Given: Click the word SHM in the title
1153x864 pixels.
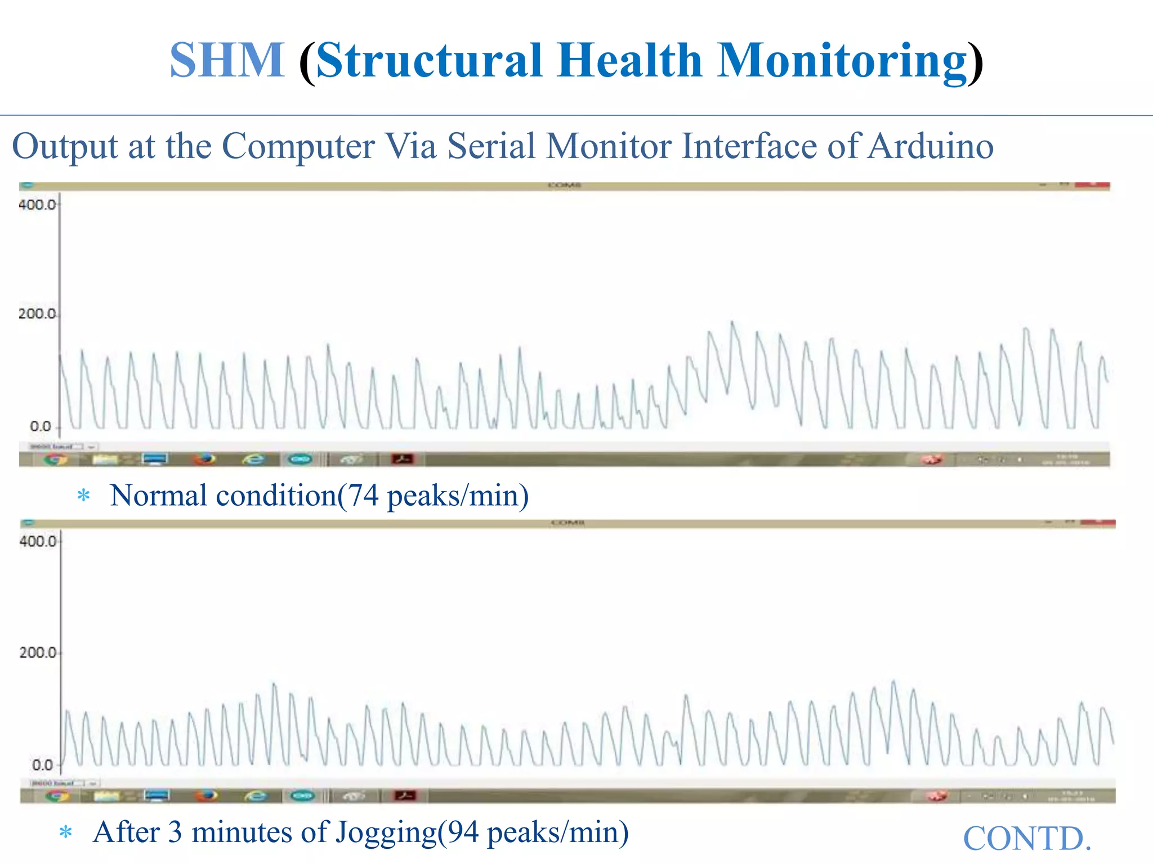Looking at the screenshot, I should click(x=227, y=60).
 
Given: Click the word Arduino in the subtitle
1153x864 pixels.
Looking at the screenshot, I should click(x=930, y=146).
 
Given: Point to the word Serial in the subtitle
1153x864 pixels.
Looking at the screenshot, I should click(x=491, y=146).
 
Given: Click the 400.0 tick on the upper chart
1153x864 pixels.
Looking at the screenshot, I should click(x=37, y=204).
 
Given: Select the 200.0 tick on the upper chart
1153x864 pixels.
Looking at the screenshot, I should click(x=37, y=314).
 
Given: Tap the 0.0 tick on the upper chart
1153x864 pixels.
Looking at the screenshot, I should click(x=41, y=426).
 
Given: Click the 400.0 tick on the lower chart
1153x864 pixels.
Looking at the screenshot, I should click(x=38, y=541).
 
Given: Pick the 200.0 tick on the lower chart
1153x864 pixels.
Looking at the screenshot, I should click(x=38, y=653).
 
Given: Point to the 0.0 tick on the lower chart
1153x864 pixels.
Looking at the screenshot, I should click(x=42, y=765).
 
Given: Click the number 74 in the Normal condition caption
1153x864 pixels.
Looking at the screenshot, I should click(x=363, y=496).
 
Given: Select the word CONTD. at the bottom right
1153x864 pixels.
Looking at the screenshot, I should click(x=1027, y=839).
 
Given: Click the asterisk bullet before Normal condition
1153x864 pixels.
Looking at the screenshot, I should click(x=84, y=496).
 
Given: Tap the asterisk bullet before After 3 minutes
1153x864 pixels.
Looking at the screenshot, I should click(x=66, y=832).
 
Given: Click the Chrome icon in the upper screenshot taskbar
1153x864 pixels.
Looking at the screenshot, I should click(x=55, y=460).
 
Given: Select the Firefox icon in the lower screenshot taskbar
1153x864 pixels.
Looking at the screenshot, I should click(x=207, y=795).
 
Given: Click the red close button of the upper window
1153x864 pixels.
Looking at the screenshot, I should click(x=1092, y=184).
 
